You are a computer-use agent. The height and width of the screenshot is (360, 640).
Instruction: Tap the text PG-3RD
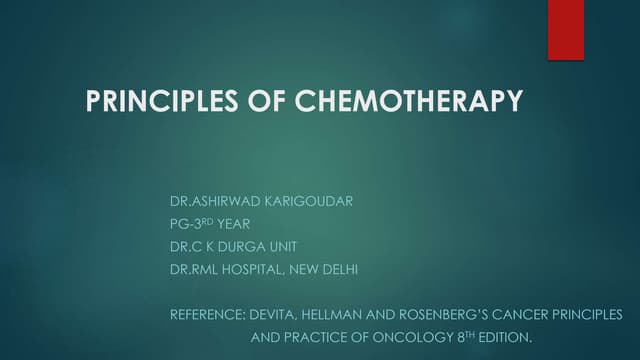(192, 224)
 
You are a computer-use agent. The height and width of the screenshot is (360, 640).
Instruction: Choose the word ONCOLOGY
(390, 338)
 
